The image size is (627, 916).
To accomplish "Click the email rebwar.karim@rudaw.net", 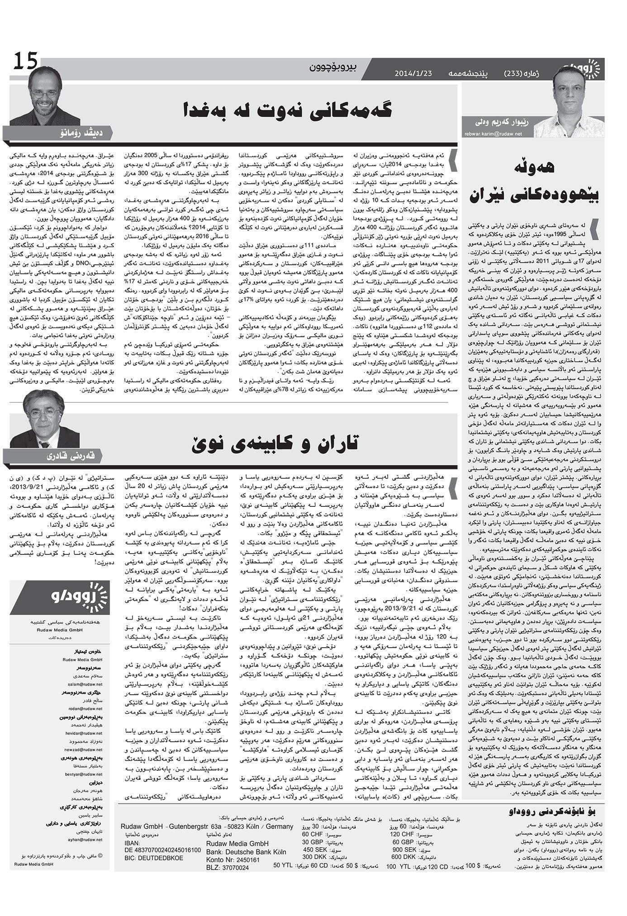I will click(493, 134).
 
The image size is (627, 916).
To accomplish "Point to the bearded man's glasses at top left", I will click(45, 94).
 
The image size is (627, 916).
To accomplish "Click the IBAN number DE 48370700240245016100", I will click(161, 849).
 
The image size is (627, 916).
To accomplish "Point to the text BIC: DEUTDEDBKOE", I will click(154, 857).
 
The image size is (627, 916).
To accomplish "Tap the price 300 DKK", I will click(315, 857).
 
